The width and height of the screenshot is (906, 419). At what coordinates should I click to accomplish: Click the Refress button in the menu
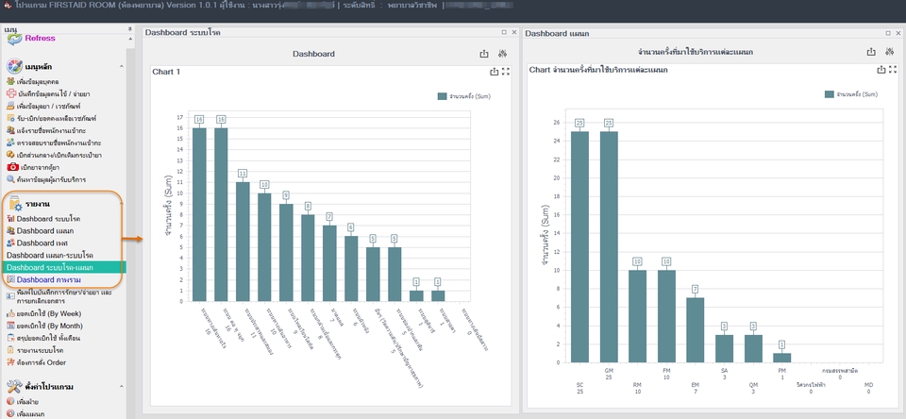click(x=39, y=38)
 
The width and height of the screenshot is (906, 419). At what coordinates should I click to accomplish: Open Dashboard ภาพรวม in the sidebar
click(x=48, y=279)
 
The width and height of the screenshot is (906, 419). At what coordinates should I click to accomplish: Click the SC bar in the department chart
click(x=579, y=250)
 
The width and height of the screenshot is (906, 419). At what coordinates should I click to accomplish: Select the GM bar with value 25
click(x=609, y=250)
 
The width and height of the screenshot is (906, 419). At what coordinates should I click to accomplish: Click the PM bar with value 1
click(x=782, y=358)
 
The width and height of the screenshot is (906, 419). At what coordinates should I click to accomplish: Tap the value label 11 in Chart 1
click(x=243, y=174)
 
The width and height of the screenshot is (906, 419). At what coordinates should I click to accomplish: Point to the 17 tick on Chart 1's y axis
click(x=179, y=118)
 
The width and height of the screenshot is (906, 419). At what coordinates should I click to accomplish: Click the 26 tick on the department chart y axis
click(x=557, y=122)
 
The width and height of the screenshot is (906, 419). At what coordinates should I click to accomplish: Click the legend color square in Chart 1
click(x=442, y=96)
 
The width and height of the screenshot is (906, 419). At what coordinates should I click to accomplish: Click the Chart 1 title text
click(x=166, y=72)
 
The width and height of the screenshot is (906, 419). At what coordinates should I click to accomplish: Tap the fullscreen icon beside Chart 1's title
click(x=506, y=72)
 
